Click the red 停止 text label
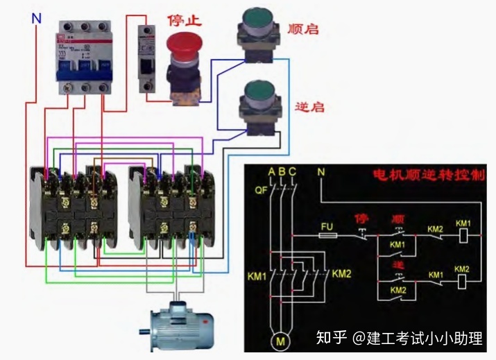click(x=185, y=20)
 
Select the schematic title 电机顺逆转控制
click(x=428, y=175)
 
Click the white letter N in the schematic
click(x=320, y=171)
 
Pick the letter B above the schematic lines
click(x=282, y=171)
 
